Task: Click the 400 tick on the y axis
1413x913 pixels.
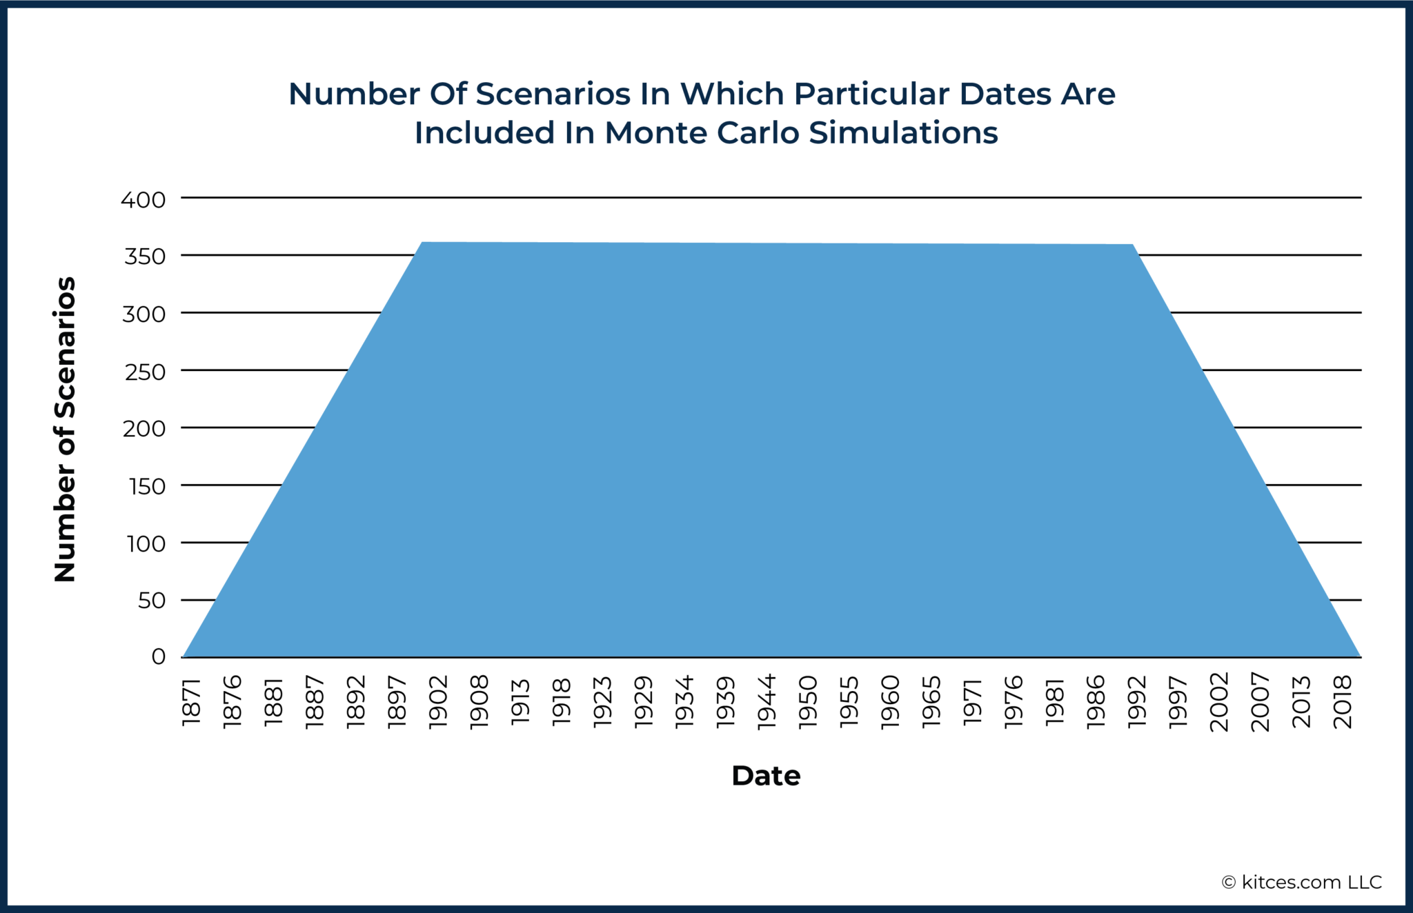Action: click(x=144, y=200)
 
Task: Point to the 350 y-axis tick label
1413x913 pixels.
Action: click(x=145, y=257)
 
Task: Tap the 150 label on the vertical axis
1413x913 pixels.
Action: click(x=147, y=487)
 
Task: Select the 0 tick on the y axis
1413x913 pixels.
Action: click(x=159, y=656)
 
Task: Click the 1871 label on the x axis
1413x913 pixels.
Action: click(x=191, y=702)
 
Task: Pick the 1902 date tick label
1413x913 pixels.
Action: click(x=438, y=702)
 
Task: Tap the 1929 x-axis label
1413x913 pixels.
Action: click(x=644, y=702)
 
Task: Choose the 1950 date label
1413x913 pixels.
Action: click(x=808, y=702)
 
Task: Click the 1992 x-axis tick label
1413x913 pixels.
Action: click(x=1137, y=702)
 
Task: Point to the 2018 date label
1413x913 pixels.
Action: click(x=1343, y=702)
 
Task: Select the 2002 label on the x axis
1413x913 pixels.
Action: click(x=1219, y=702)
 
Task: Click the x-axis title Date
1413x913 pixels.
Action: click(x=766, y=776)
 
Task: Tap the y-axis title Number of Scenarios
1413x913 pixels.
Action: click(x=65, y=429)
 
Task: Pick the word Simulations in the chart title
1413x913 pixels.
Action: click(x=904, y=133)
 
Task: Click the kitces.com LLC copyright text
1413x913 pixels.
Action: click(x=1302, y=883)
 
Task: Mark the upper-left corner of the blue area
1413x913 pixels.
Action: click(x=422, y=243)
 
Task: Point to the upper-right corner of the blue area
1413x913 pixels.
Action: click(x=1133, y=245)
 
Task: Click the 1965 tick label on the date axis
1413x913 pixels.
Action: click(x=931, y=702)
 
